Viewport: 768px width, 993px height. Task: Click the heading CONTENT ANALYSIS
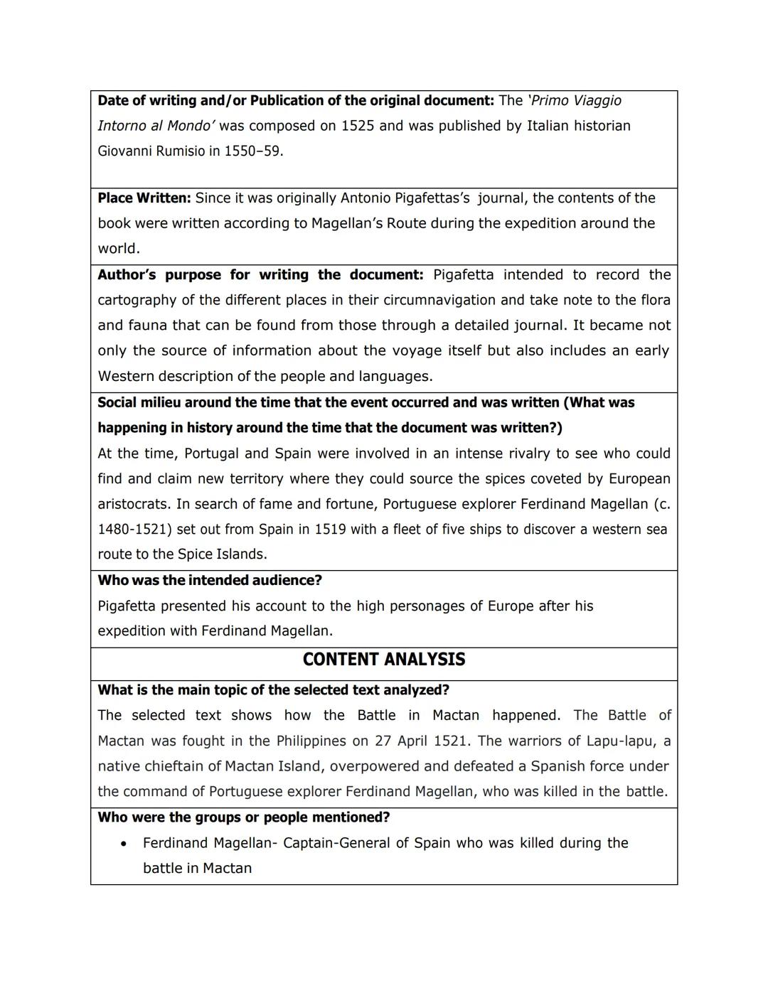(383, 660)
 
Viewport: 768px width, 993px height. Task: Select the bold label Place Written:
(144, 198)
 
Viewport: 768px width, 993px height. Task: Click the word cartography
(137, 300)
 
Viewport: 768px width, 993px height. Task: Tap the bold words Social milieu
(140, 402)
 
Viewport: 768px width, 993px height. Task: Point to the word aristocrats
(134, 504)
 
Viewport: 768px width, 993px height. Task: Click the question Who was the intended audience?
(210, 580)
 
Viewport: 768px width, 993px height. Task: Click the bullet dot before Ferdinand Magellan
(124, 844)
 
